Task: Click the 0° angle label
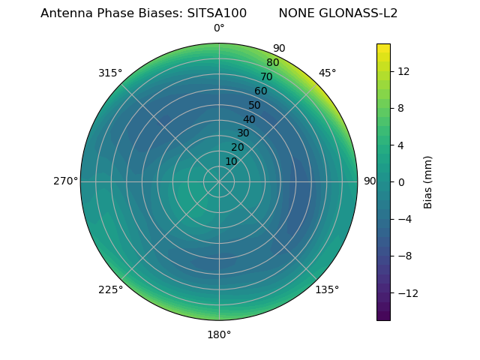(x=219, y=28)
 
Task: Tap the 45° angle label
(x=327, y=73)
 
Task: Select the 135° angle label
(x=327, y=289)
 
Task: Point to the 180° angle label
(x=219, y=334)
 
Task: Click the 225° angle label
(x=110, y=289)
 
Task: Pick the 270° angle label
(x=65, y=181)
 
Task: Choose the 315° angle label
(x=110, y=73)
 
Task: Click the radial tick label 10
(x=231, y=161)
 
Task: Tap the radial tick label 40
(x=249, y=119)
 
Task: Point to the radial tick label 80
(x=273, y=63)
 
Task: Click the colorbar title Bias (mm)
(x=428, y=181)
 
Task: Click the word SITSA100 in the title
(x=217, y=13)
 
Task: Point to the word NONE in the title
(x=295, y=13)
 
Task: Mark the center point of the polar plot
(x=219, y=181)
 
